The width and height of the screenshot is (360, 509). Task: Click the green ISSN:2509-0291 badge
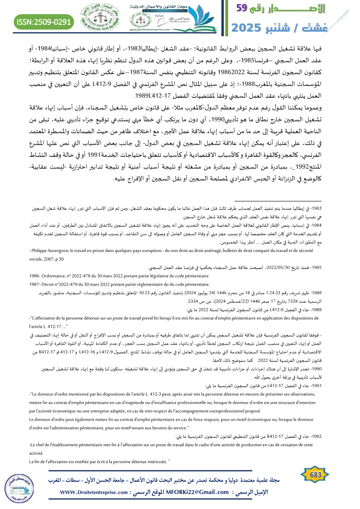click(x=44, y=21)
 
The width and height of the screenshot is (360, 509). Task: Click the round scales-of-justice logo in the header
click(x=98, y=19)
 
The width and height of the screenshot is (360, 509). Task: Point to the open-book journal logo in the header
click(x=207, y=18)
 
